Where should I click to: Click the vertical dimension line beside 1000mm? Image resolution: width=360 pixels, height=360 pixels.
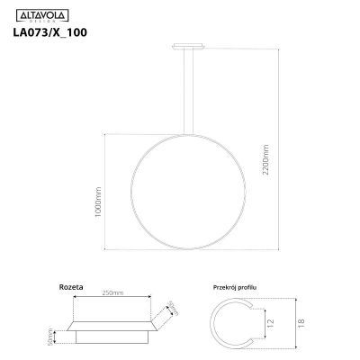click(x=106, y=191)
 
